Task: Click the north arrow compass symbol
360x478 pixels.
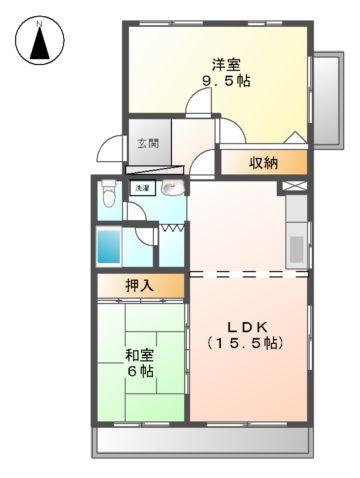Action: (40, 40)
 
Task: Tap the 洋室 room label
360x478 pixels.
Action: (226, 65)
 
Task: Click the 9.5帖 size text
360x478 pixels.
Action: (226, 81)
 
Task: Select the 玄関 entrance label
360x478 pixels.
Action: (148, 143)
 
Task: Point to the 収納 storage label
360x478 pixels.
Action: (264, 163)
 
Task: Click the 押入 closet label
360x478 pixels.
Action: (140, 286)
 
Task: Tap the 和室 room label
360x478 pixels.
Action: (139, 356)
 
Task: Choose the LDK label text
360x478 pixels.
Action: (247, 327)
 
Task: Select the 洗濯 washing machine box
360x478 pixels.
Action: (143, 188)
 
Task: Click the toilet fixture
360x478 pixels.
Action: (108, 194)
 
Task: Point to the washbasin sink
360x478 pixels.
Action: (172, 189)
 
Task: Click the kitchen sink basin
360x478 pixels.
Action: (297, 249)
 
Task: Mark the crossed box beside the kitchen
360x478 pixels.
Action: (294, 186)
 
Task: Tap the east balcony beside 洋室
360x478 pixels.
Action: (328, 100)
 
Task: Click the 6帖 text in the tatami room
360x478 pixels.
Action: (141, 371)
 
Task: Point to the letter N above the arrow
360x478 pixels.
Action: (39, 24)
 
